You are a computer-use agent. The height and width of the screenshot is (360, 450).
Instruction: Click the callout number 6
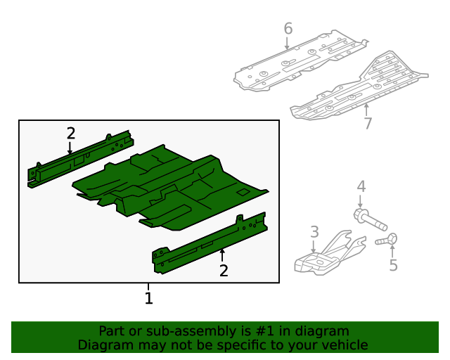coord(288,29)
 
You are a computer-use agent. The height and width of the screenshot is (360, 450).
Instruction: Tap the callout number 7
coord(368,124)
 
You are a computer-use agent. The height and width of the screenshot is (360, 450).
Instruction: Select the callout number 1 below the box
coord(148,298)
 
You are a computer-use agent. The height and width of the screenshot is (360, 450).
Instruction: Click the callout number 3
coord(314,232)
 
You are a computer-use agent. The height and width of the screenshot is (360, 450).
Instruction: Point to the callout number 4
coord(361,186)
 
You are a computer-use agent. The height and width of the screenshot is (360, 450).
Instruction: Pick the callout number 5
coord(394,265)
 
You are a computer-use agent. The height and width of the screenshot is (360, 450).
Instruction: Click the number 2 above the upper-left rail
coord(71,134)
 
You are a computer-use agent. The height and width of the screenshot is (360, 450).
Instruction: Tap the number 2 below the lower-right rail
coord(224,271)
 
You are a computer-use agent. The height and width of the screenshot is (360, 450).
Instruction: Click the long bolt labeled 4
coord(371,220)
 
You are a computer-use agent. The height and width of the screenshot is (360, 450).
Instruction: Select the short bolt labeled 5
coord(387,240)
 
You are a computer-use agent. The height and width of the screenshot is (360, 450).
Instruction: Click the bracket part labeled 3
coord(330,253)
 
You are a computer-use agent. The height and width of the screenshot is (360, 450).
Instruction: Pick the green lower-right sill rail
coord(210,243)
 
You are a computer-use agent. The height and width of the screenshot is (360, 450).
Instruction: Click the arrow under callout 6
coord(287,43)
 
